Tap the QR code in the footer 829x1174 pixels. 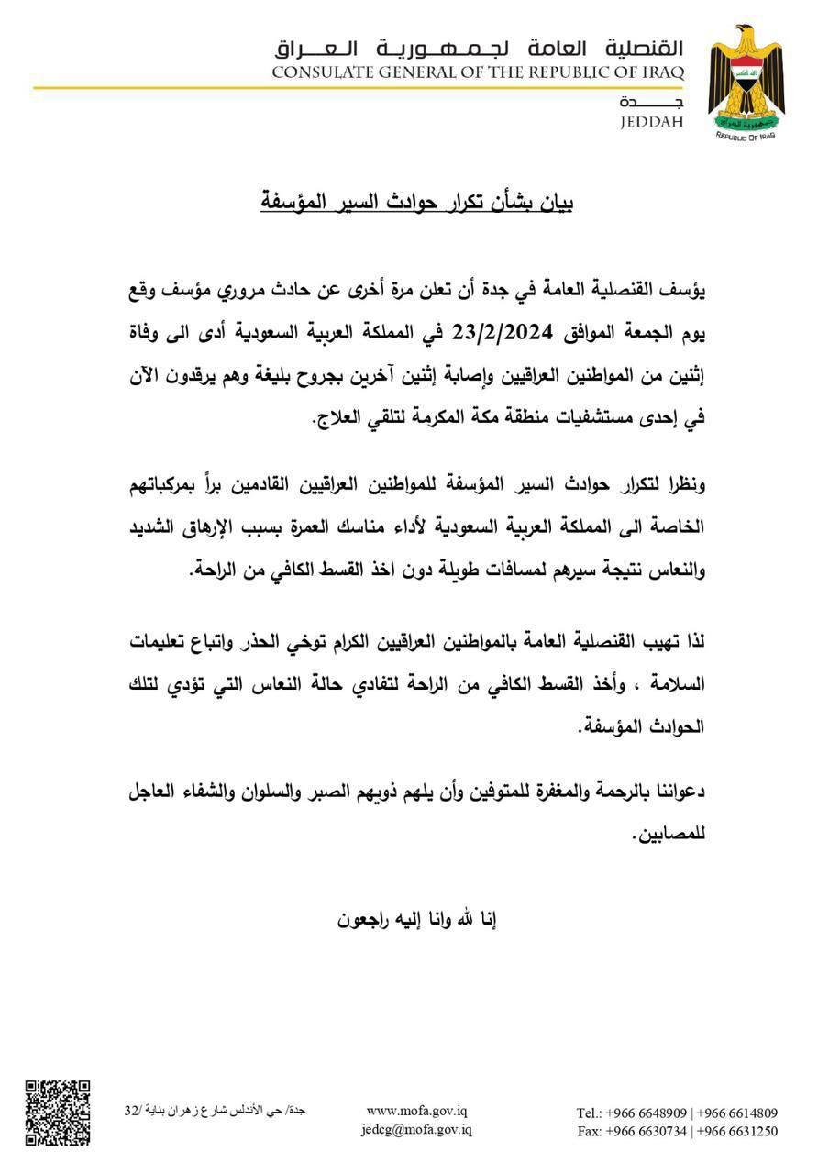pos(57,1113)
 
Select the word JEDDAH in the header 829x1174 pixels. pos(652,121)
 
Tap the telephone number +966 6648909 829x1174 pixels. pos(648,1113)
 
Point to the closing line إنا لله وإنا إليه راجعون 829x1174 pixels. pos(418,919)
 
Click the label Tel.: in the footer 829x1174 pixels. pos(589,1113)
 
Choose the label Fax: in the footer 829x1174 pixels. pos(590,1131)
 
